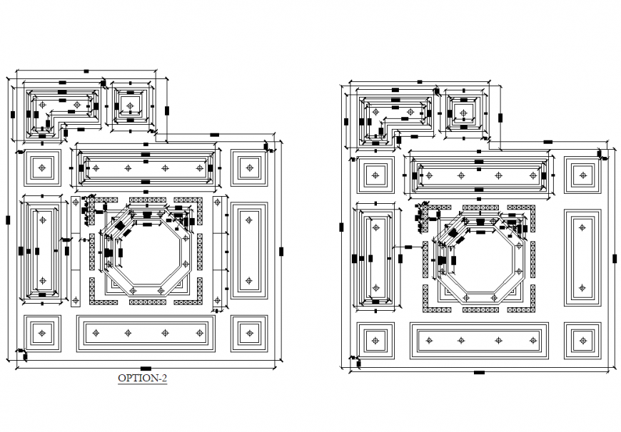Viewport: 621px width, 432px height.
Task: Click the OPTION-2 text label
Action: (x=142, y=379)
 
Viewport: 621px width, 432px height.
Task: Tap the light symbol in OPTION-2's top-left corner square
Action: (x=42, y=168)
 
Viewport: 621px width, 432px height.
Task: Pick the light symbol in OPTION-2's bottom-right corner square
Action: (x=249, y=333)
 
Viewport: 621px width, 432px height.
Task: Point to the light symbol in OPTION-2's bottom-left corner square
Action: (x=42, y=333)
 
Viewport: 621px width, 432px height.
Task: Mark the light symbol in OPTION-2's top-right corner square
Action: (x=249, y=168)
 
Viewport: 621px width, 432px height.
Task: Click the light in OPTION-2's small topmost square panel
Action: (x=129, y=106)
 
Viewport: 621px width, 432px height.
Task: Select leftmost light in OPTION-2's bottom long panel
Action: (x=91, y=333)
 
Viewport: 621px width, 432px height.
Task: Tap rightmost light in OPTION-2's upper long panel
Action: (x=201, y=168)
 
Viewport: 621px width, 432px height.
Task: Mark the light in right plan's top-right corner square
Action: (x=582, y=175)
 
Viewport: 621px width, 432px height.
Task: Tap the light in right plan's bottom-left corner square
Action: (x=375, y=341)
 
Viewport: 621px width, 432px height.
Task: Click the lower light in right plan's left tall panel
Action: (x=375, y=288)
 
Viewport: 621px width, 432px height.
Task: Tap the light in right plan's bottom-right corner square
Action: (x=582, y=341)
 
